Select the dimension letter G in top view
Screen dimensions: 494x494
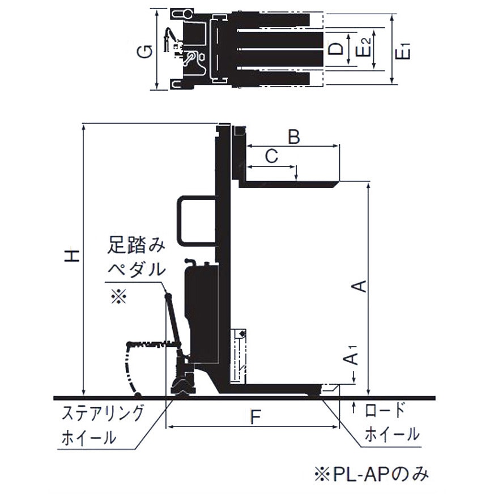click(146, 52)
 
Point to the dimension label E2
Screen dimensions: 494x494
click(365, 50)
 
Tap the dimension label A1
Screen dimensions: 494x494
click(352, 356)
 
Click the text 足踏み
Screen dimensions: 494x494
click(136, 246)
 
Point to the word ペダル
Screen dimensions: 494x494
click(136, 269)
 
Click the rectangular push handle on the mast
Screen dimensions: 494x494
click(195, 221)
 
